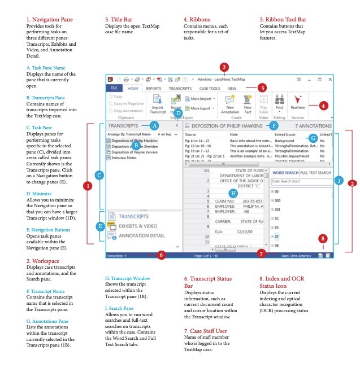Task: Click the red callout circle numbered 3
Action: (x=224, y=67)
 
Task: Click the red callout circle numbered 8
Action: (x=323, y=238)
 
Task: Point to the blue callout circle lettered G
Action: (x=314, y=139)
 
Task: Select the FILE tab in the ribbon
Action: (x=114, y=89)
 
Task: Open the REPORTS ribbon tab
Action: (x=153, y=89)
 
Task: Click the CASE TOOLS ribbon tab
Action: (x=210, y=89)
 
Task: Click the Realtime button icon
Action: (x=298, y=99)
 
